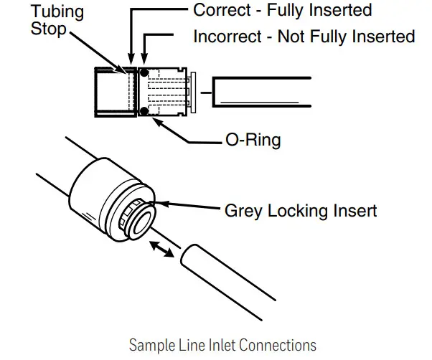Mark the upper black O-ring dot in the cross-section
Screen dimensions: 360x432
point(144,72)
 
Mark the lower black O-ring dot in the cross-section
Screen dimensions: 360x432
point(144,110)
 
